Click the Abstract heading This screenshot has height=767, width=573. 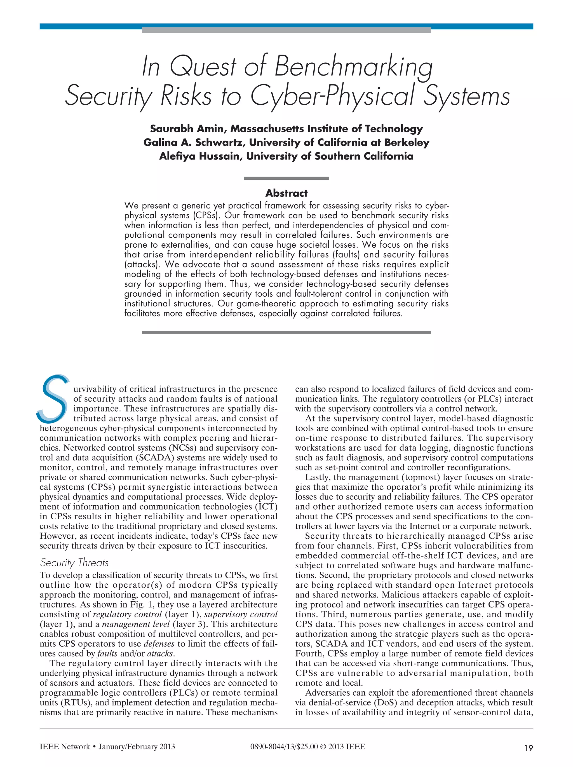tap(286, 193)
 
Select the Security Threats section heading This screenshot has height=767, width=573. tap(74, 562)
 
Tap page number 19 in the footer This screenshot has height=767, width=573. tap(528, 748)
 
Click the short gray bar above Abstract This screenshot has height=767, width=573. tap(286, 178)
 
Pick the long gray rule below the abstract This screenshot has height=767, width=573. tap(286, 332)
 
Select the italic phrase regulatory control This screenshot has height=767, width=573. tap(127, 614)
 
